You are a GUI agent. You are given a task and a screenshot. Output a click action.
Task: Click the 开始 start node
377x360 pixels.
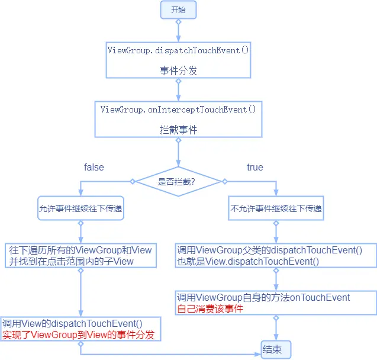click(x=178, y=9)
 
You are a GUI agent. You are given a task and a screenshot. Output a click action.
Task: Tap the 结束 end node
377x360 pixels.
click(x=276, y=349)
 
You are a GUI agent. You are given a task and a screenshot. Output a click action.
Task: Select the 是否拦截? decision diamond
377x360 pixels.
click(x=178, y=181)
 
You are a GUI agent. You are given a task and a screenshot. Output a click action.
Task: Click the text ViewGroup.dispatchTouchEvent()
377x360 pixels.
click(x=178, y=50)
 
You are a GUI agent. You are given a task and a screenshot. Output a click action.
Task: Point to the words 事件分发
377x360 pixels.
click(x=178, y=70)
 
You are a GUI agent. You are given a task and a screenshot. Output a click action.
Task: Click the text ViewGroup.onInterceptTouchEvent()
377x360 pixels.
click(x=178, y=109)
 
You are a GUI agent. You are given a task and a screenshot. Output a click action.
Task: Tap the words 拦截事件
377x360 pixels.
click(x=178, y=129)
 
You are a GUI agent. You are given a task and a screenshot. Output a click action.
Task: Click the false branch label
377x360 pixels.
click(x=94, y=168)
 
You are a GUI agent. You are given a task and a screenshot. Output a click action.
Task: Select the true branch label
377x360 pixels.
click(x=255, y=168)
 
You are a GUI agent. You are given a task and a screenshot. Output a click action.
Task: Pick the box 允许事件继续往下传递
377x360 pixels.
click(x=81, y=208)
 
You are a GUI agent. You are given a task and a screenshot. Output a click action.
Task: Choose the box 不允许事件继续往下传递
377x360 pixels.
click(x=276, y=208)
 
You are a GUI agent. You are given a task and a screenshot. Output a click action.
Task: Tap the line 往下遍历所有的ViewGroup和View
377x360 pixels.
click(x=80, y=250)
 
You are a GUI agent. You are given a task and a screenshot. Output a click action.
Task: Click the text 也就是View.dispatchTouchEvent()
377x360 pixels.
click(x=248, y=261)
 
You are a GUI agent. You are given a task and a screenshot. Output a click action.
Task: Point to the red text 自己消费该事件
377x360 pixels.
click(x=210, y=308)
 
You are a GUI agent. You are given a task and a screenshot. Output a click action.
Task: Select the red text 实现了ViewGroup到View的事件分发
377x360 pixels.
click(x=79, y=335)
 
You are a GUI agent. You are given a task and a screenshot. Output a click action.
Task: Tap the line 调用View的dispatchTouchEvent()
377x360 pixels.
click(x=73, y=323)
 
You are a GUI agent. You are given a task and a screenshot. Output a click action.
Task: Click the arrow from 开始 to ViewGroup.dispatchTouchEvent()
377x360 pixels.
click(x=178, y=31)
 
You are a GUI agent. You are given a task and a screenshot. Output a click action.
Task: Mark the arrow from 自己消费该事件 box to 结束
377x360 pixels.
click(x=276, y=329)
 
